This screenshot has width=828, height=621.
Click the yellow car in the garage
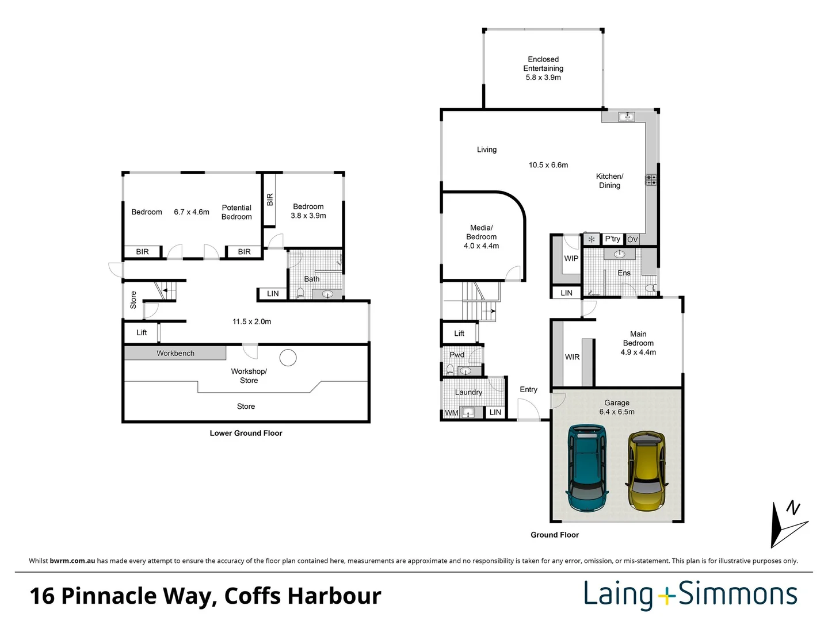tap(647, 471)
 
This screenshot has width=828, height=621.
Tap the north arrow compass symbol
tap(788, 524)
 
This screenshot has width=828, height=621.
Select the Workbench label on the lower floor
tap(175, 353)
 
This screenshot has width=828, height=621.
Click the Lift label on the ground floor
tap(459, 333)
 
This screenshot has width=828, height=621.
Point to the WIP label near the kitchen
tap(571, 258)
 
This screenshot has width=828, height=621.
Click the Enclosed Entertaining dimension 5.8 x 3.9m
tap(543, 77)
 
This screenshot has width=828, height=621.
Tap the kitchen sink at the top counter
tap(626, 117)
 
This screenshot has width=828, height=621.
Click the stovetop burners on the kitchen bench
tap(651, 179)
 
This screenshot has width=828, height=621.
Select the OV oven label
tap(632, 240)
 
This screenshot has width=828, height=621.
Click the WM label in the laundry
tap(451, 413)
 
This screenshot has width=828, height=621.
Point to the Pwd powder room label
tap(457, 355)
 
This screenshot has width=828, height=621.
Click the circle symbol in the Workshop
tap(288, 358)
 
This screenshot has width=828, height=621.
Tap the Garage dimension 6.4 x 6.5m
tap(617, 412)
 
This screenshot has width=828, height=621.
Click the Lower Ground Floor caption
tap(246, 433)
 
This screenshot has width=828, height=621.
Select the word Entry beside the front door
tap(528, 389)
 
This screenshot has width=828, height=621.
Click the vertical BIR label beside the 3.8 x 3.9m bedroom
tap(270, 200)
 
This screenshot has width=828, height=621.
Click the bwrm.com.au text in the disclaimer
tap(72, 561)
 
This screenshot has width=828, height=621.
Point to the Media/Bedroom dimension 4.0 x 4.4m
tap(481, 246)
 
